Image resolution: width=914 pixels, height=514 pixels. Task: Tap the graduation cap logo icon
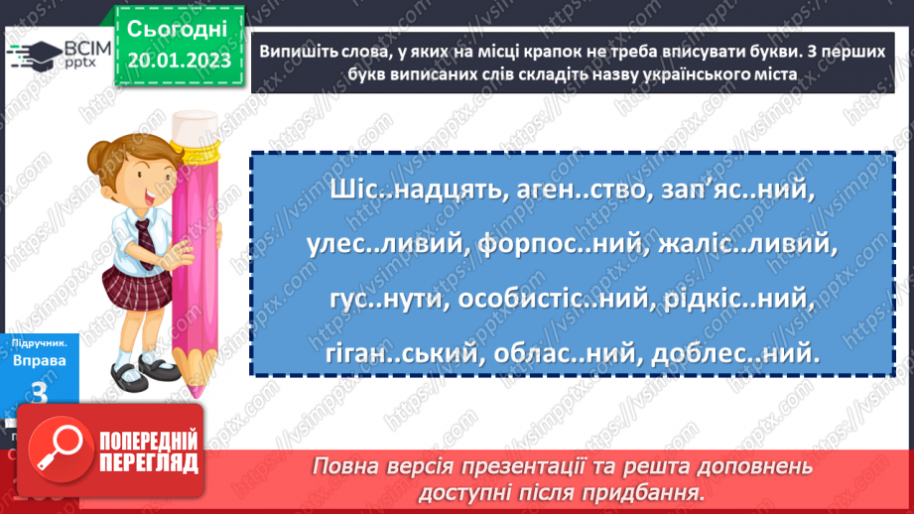pyautogui.click(x=36, y=56)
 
